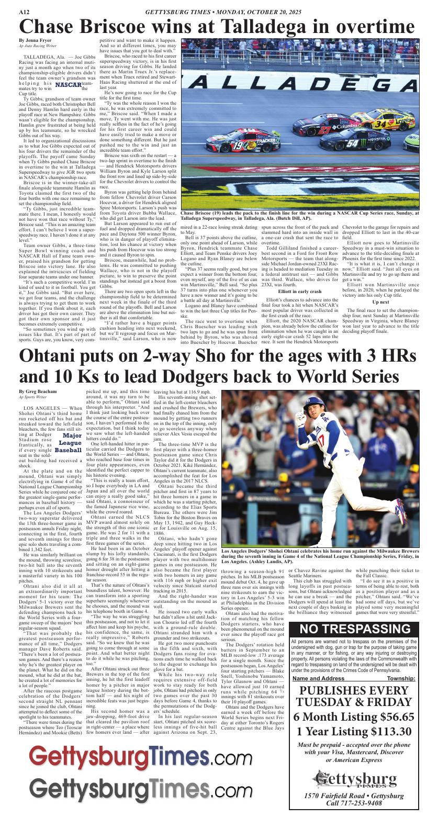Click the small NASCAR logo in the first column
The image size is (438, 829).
point(68,85)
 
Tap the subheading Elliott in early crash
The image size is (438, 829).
point(300,291)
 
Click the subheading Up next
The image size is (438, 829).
point(380,303)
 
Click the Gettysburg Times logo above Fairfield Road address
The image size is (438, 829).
point(361,778)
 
